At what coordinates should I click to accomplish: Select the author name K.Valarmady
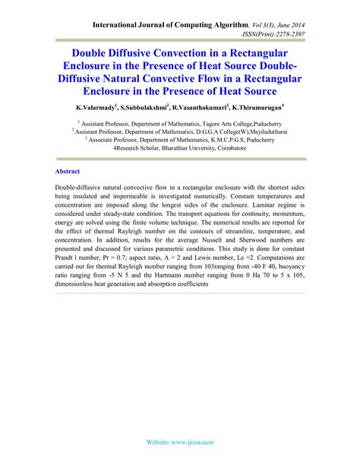click(x=100, y=108)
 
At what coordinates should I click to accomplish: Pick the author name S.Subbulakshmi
click(x=155, y=108)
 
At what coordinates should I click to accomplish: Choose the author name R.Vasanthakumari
click(x=213, y=108)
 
